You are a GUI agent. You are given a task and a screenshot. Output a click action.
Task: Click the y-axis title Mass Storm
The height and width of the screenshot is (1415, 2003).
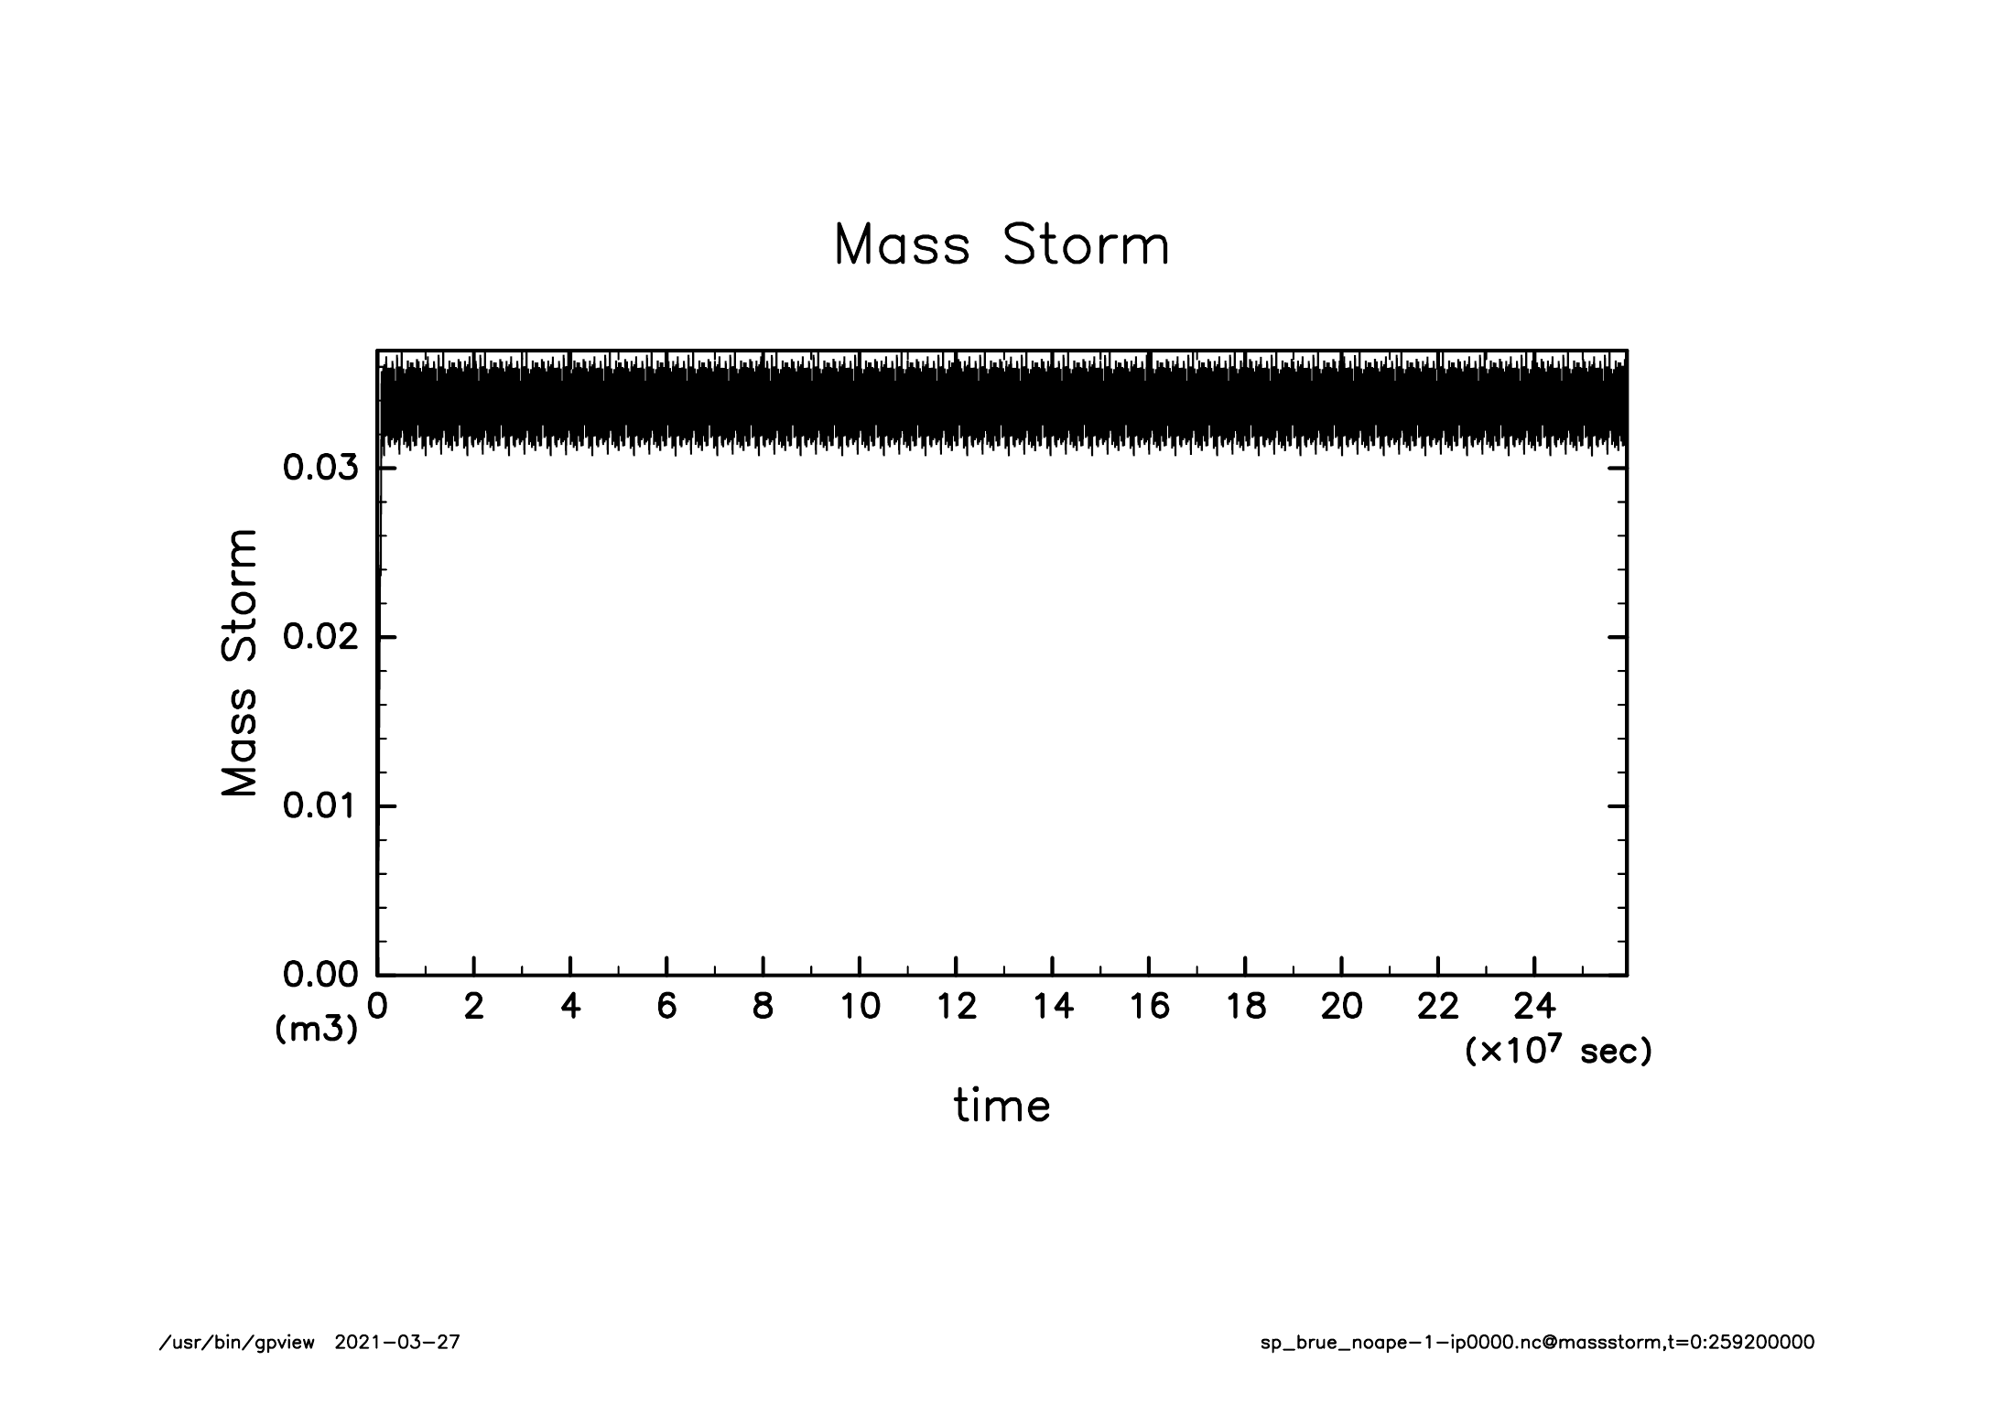pos(239,662)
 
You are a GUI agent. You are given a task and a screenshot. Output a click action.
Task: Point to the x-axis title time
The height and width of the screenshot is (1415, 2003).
pos(1001,1105)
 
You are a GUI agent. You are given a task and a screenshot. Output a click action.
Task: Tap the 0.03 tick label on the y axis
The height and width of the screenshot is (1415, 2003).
pos(319,468)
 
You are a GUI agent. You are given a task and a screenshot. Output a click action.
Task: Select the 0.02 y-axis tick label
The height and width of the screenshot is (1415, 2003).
pos(319,637)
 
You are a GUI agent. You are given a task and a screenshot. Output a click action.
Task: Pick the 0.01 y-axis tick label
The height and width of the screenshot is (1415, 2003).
pos(319,806)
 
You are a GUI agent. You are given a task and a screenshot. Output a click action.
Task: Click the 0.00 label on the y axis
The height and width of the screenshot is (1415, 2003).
pos(319,975)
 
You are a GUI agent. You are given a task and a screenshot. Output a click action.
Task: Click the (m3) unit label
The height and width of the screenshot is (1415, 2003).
pos(316,1030)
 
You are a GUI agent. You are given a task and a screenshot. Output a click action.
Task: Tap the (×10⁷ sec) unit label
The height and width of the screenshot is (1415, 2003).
pos(1558,1051)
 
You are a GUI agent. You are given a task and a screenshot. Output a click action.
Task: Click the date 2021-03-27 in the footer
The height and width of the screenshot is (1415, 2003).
pos(397,1343)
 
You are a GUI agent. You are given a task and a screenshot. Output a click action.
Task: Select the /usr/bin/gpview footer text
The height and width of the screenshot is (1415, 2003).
pos(237,1343)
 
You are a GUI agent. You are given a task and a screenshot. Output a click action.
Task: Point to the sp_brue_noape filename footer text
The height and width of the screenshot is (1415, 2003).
pos(1537,1343)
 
